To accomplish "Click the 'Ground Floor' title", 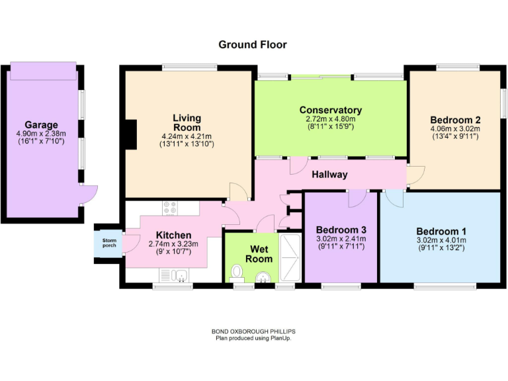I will [x=253, y=45].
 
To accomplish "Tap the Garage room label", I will [x=41, y=124].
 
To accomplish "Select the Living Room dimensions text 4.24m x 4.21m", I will [x=187, y=136].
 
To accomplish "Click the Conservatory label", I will [x=330, y=110].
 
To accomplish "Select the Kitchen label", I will [x=174, y=235].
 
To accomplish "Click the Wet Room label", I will [x=259, y=255].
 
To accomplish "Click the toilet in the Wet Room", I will [x=238, y=272].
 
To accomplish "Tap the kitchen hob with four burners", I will [x=169, y=208].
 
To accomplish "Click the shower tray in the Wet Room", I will [x=289, y=257].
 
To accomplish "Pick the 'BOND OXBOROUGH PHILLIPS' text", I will [x=253, y=332].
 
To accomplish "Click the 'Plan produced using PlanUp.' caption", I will [x=253, y=338].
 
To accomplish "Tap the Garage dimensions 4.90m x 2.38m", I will [x=41, y=133].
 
